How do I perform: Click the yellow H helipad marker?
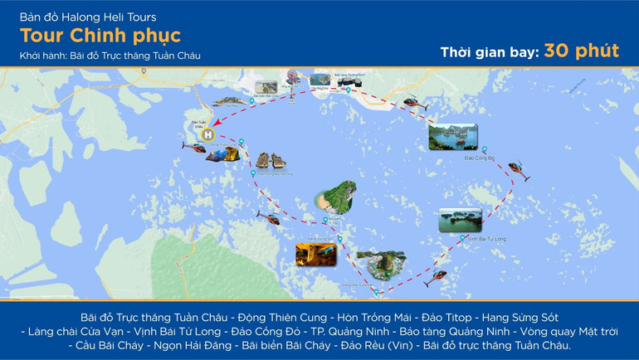point(207,134)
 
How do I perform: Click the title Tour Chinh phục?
point(100,36)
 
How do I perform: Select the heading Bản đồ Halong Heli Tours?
point(88,17)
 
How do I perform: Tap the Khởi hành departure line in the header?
point(110,56)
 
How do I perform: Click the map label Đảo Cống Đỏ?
point(480,157)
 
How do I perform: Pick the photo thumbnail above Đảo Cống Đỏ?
point(452,136)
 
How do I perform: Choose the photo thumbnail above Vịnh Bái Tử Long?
point(459,219)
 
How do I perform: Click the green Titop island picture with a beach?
point(335,197)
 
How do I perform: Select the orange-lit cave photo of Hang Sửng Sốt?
point(315,254)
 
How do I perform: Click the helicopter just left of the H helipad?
point(193,147)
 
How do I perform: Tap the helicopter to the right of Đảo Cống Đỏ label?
point(519,171)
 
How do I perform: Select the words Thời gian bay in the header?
point(488,52)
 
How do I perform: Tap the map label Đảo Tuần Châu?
point(198,124)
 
